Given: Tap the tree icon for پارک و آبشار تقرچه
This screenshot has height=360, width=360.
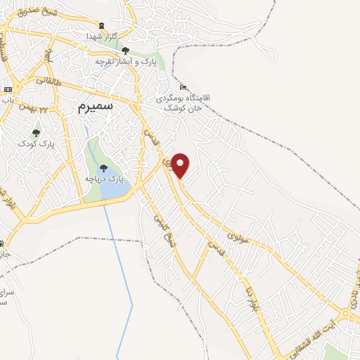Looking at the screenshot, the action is pyautogui.click(x=125, y=51).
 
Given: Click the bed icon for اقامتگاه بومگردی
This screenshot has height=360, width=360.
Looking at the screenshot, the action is pyautogui.click(x=184, y=87).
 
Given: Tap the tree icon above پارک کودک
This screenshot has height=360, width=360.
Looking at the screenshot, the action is pyautogui.click(x=36, y=132).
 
